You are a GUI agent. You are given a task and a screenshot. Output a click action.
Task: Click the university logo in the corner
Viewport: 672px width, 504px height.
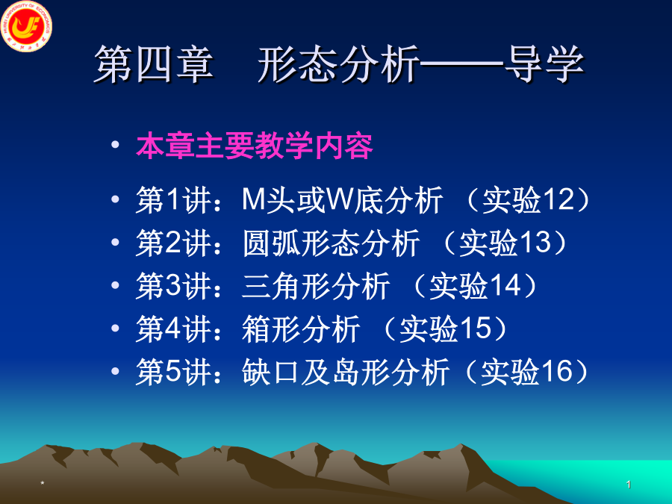click(27, 25)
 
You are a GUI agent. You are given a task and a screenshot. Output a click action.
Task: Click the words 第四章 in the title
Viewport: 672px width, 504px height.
click(154, 65)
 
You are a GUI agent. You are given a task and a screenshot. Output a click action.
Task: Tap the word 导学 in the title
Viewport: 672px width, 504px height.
click(544, 65)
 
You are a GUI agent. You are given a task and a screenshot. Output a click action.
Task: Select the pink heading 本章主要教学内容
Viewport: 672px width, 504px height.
click(254, 146)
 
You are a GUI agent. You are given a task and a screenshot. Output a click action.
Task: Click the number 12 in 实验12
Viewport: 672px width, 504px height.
click(558, 199)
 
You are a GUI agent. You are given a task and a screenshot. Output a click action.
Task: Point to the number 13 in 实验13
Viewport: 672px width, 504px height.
click(535, 242)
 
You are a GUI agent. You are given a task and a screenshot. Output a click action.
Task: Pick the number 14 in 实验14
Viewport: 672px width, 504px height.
click(505, 285)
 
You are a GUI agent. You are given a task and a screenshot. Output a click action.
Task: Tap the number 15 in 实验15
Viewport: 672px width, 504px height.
click(476, 328)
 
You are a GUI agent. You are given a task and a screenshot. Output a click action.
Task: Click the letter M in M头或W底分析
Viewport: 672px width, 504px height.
click(253, 199)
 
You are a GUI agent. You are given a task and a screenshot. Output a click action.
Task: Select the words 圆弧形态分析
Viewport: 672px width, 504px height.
click(331, 243)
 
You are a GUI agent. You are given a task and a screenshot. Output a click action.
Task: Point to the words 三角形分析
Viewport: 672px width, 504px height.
click(316, 285)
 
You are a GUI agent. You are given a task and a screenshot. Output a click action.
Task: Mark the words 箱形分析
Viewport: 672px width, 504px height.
click(301, 329)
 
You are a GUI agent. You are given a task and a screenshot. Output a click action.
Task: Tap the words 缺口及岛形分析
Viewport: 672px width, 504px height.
click(346, 371)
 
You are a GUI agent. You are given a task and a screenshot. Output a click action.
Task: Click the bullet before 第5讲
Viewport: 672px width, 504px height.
click(115, 370)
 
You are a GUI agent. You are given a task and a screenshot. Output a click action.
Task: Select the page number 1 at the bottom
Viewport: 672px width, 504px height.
click(628, 485)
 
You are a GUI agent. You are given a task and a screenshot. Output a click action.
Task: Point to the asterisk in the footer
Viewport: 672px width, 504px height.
click(42, 484)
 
